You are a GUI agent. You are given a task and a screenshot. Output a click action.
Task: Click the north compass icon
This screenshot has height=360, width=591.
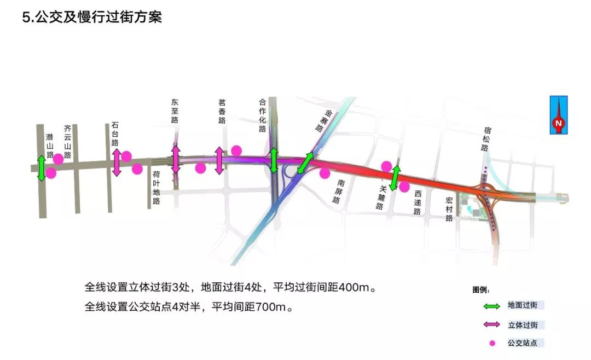(559, 115)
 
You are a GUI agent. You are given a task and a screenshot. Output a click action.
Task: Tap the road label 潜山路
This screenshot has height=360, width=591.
(50, 146)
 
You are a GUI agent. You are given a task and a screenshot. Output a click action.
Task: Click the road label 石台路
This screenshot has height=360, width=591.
(115, 134)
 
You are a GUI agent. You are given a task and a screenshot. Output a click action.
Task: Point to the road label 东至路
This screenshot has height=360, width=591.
(175, 111)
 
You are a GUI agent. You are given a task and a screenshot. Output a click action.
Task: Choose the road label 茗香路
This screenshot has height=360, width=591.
(222, 112)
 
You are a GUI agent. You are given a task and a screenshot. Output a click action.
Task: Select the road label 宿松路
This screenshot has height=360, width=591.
(487, 136)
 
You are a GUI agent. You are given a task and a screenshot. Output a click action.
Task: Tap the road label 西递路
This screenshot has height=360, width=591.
(418, 202)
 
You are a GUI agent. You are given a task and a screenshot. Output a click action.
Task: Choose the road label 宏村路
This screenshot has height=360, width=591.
(449, 210)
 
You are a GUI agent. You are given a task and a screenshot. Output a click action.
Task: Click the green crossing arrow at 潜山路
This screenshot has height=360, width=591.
(41, 168)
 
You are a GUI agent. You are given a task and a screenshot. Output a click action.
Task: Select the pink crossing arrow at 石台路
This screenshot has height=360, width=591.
(116, 162)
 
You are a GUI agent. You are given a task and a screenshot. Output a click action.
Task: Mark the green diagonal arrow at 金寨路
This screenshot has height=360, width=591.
(305, 164)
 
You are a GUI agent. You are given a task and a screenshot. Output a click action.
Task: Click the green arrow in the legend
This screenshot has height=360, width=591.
(491, 306)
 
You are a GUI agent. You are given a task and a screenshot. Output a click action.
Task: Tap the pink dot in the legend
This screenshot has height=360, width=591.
(492, 343)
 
